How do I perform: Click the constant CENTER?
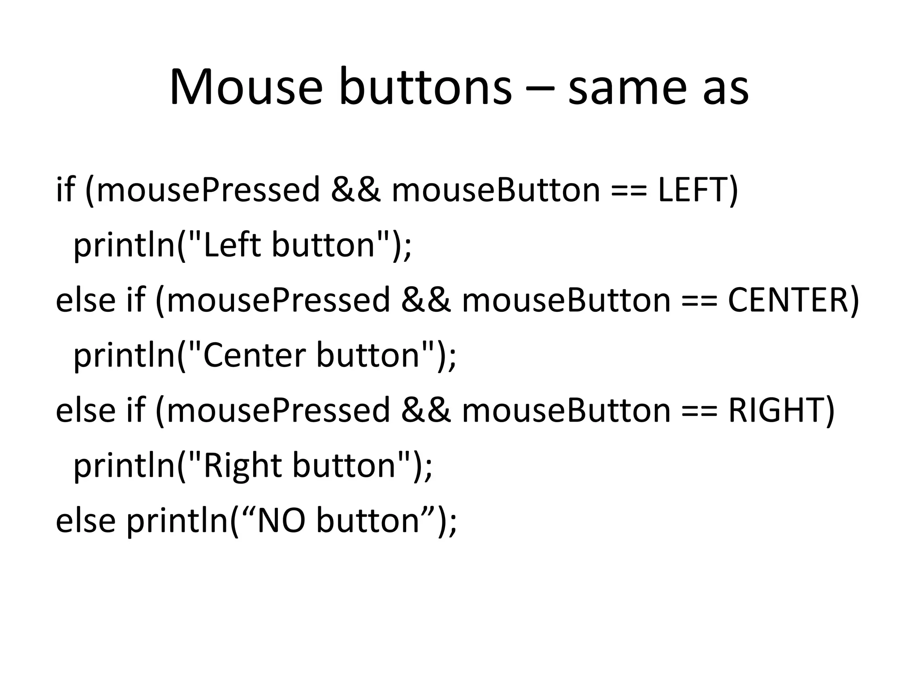(787, 300)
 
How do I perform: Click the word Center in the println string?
(254, 355)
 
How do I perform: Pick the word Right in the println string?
(242, 465)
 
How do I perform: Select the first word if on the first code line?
(65, 190)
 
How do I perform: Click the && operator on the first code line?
(355, 190)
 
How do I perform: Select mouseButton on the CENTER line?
(566, 300)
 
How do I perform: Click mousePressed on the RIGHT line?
(278, 410)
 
